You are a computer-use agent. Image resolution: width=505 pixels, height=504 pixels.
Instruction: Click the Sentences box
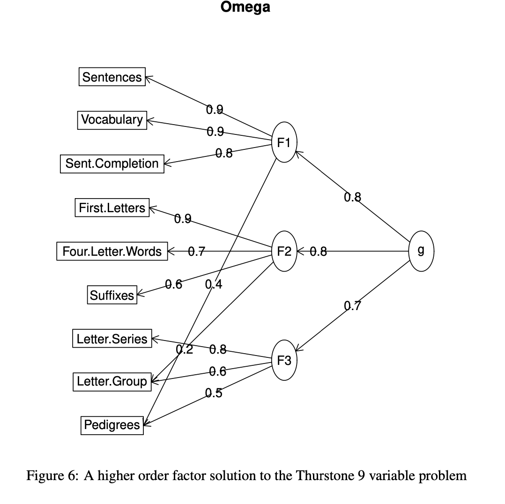click(112, 77)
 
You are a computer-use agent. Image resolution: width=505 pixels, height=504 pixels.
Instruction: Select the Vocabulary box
click(112, 120)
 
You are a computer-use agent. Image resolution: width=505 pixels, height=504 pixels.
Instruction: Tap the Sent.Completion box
click(112, 163)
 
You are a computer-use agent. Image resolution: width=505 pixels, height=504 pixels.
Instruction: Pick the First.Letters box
click(112, 208)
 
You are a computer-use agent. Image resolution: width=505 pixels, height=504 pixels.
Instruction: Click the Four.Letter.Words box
click(112, 252)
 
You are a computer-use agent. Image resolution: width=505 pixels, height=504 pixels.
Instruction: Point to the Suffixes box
click(112, 295)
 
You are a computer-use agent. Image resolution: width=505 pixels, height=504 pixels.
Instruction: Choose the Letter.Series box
click(112, 338)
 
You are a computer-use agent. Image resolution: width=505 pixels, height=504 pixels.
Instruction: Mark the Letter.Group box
click(112, 381)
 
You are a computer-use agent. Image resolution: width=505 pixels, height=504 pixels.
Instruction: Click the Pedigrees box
click(112, 425)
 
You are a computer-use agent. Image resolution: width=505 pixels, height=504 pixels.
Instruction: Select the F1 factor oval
click(284, 142)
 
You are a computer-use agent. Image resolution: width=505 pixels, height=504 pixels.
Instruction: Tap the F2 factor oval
click(284, 252)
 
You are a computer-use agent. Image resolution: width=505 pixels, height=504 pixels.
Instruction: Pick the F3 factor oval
click(284, 360)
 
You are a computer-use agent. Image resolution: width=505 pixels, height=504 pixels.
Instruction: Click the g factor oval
click(421, 251)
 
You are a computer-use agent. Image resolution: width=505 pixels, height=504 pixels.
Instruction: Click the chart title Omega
click(245, 8)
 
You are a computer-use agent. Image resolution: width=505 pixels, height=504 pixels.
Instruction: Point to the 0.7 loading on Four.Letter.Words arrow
click(196, 252)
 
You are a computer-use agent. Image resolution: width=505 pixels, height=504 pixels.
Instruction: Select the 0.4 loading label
click(214, 284)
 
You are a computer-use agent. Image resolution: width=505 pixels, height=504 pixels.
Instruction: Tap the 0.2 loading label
click(184, 349)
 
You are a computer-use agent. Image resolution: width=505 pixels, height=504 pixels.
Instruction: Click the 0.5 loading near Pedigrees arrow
click(214, 393)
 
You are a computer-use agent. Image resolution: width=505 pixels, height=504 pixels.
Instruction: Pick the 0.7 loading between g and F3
click(353, 306)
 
